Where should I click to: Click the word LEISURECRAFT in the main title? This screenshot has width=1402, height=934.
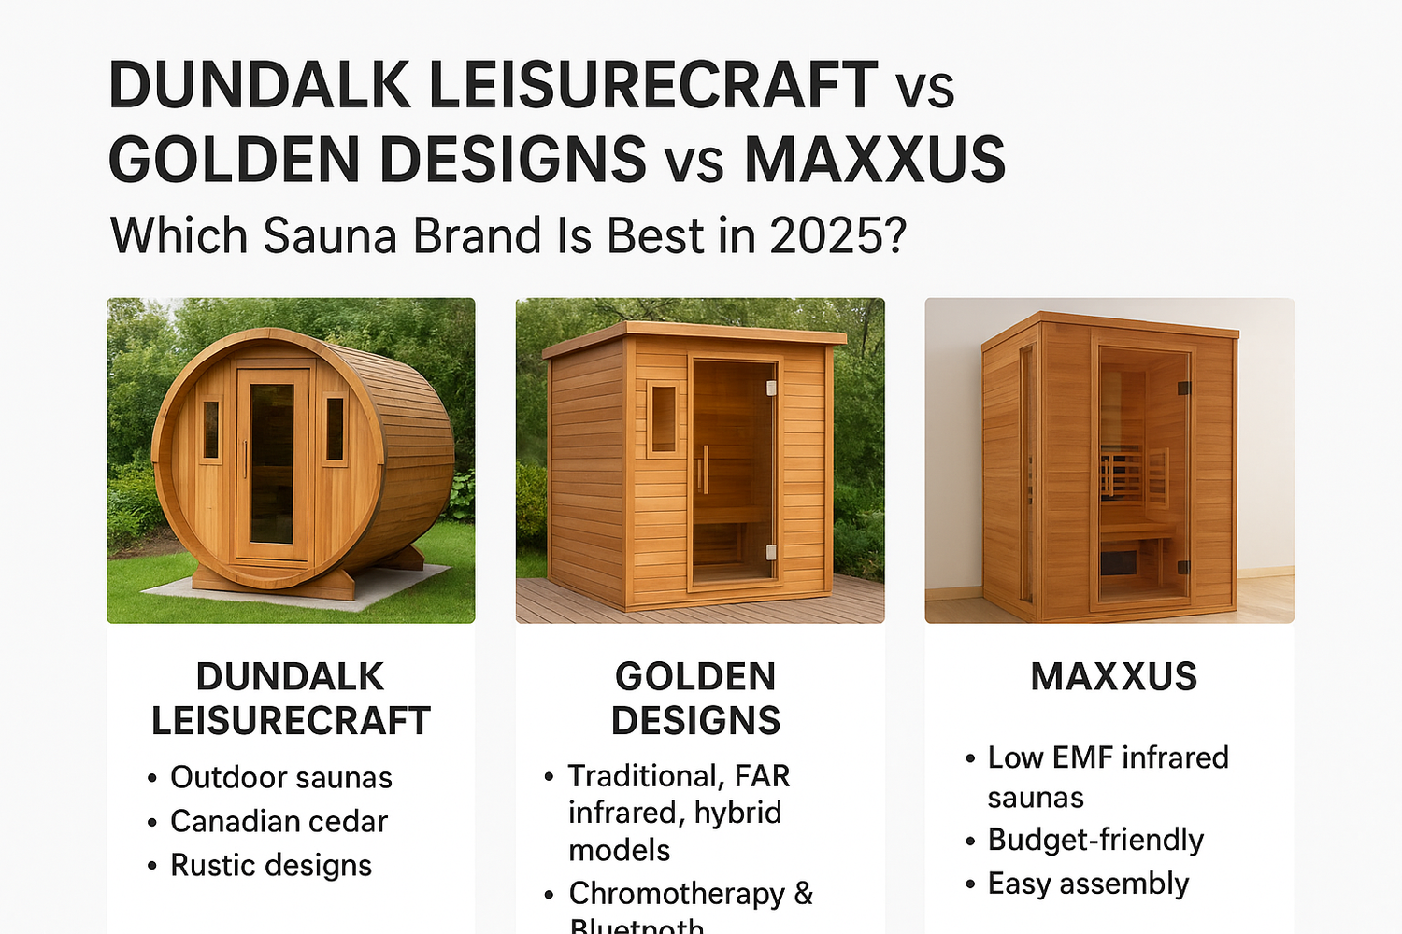[652, 86]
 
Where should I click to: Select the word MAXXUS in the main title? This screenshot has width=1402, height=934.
[875, 160]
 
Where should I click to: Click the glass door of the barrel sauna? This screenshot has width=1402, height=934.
[272, 463]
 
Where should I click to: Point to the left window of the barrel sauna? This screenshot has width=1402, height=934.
[211, 429]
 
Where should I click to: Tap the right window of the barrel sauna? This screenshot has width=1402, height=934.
[335, 429]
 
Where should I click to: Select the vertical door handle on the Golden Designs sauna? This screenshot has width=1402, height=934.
[706, 470]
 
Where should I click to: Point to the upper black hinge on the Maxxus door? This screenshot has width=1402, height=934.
[1182, 389]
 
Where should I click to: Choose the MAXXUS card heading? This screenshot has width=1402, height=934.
[1113, 677]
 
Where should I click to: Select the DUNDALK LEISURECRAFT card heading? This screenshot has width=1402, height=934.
[291, 699]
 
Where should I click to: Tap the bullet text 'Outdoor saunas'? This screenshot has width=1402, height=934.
[280, 777]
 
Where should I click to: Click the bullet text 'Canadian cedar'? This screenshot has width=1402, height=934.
[279, 821]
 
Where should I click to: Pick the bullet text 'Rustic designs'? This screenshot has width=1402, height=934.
[271, 865]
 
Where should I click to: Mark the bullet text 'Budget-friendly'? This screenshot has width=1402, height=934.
[1095, 840]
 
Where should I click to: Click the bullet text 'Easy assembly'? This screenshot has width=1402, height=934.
[1088, 884]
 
